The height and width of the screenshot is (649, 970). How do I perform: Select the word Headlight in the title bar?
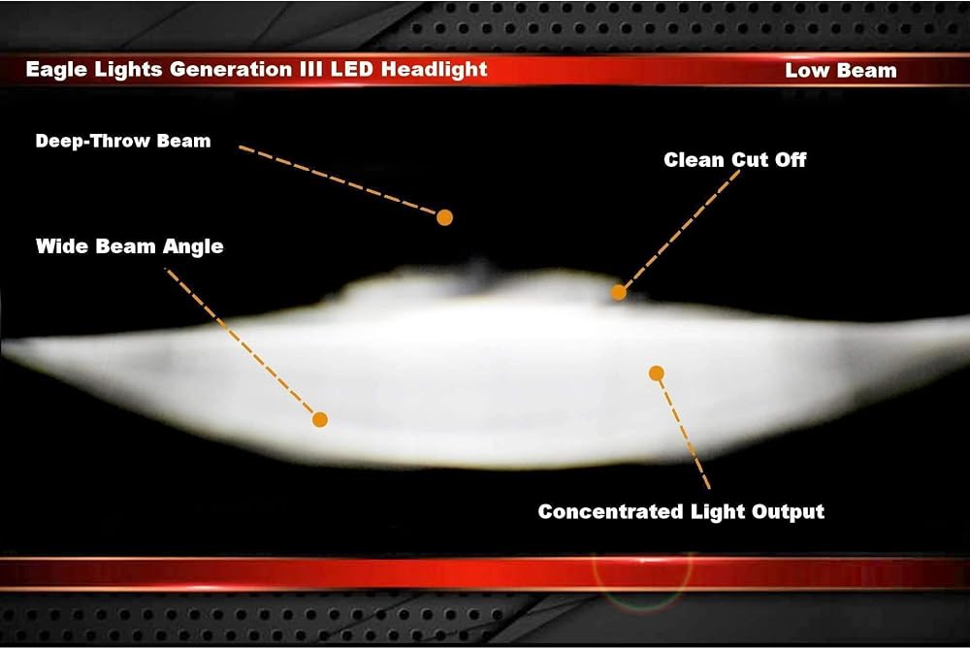435,70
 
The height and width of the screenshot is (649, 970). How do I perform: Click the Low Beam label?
841,71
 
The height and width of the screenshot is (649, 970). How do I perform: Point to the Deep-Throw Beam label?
123,141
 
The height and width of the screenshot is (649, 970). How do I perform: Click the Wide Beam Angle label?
129,246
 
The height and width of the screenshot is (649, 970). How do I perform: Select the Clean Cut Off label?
735,160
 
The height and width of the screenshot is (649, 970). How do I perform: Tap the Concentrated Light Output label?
681,511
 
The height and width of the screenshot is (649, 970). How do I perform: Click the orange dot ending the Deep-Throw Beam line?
444,217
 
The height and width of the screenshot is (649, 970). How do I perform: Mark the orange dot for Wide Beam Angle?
320,420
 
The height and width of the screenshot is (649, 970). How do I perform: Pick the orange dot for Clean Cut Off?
619,293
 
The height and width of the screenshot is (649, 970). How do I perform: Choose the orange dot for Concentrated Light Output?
657,373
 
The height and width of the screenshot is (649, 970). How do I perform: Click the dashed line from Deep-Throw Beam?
338,180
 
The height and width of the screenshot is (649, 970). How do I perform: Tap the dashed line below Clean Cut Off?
681,230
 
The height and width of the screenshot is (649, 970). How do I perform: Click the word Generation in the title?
225,69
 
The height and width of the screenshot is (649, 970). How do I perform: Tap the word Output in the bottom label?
788,512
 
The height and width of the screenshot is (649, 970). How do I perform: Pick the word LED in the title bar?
351,69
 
